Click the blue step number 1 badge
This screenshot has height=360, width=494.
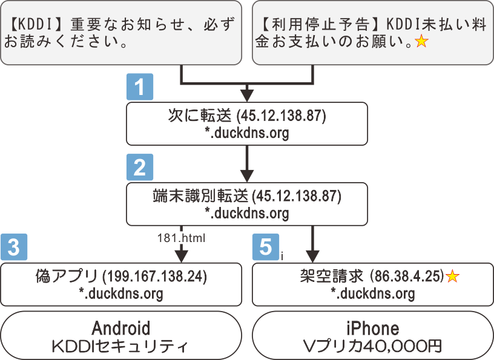pos(139,87)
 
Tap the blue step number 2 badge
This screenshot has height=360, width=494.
pos(139,168)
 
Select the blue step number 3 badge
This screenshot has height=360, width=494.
pos(14,248)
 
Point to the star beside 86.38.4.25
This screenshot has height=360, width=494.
pos(452,277)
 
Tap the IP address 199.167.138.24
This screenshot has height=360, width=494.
pos(156,277)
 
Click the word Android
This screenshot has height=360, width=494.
pos(120,329)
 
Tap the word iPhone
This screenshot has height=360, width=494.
pos(372,329)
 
